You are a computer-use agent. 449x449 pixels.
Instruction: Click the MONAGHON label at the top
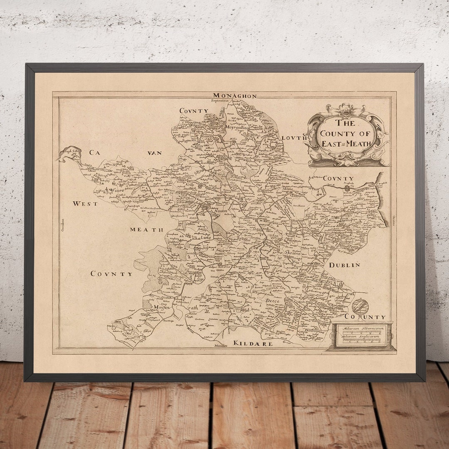[235, 96]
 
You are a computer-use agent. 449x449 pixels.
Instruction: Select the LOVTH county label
[294, 138]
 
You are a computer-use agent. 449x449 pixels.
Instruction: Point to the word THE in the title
[345, 123]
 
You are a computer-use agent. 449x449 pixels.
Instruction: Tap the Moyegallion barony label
[237, 127]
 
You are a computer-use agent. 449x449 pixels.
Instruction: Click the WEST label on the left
[85, 204]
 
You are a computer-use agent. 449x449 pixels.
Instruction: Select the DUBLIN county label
[344, 265]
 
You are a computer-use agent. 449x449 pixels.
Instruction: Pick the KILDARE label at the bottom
[253, 344]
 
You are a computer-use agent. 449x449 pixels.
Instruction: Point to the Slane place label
[288, 188]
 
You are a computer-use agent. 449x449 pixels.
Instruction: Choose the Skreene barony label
[292, 252]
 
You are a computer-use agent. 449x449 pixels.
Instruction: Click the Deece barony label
[273, 301]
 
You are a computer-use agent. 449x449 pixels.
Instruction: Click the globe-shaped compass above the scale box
[360, 306]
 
